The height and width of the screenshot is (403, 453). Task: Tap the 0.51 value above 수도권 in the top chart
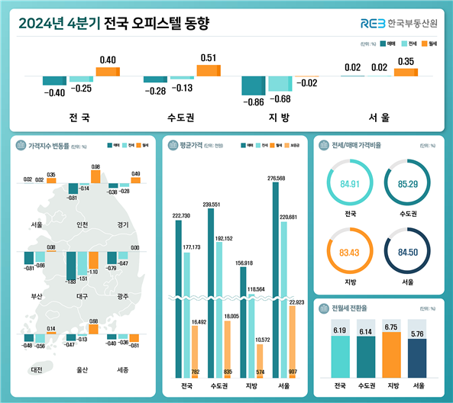207,58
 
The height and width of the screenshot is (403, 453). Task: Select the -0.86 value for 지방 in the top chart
252,102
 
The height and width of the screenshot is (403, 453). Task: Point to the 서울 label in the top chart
379,118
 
